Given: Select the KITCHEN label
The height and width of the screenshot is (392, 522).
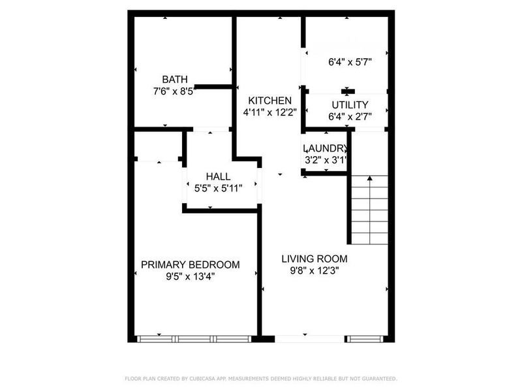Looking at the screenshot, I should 269,101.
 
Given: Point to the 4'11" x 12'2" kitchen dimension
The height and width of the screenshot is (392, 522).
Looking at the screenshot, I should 269,112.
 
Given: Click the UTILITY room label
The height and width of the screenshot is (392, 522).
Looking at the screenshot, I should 350,105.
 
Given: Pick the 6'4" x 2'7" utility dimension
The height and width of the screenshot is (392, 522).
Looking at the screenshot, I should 350,116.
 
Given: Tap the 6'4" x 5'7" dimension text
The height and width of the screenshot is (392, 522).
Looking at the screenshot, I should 350,63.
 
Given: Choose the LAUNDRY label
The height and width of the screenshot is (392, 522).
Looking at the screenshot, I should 325,148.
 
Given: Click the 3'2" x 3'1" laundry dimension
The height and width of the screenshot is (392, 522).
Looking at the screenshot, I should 325,159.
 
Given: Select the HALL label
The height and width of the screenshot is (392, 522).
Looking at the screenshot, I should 218,177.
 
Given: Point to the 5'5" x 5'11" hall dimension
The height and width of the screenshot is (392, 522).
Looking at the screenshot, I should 218,188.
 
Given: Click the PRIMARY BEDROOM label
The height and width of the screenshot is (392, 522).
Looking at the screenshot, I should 191,265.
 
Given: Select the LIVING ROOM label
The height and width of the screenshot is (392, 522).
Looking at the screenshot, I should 315,258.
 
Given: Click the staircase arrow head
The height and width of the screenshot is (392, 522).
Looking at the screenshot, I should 369,178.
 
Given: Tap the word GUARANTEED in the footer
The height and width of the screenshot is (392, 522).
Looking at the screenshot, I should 378,378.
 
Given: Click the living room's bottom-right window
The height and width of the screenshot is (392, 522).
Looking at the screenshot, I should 365,338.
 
